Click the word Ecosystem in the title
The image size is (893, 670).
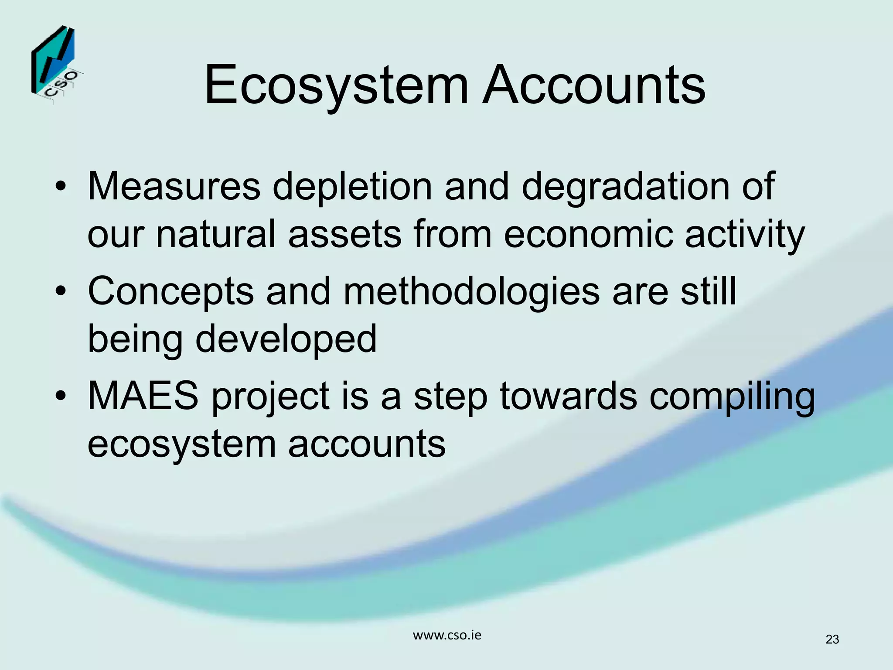(x=336, y=85)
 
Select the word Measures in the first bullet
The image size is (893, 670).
(x=174, y=186)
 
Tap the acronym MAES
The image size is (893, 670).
(x=143, y=396)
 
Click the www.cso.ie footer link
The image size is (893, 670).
(x=447, y=635)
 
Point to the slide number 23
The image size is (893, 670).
(x=832, y=639)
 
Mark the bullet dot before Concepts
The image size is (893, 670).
(x=61, y=291)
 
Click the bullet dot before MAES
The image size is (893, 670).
(x=61, y=396)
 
